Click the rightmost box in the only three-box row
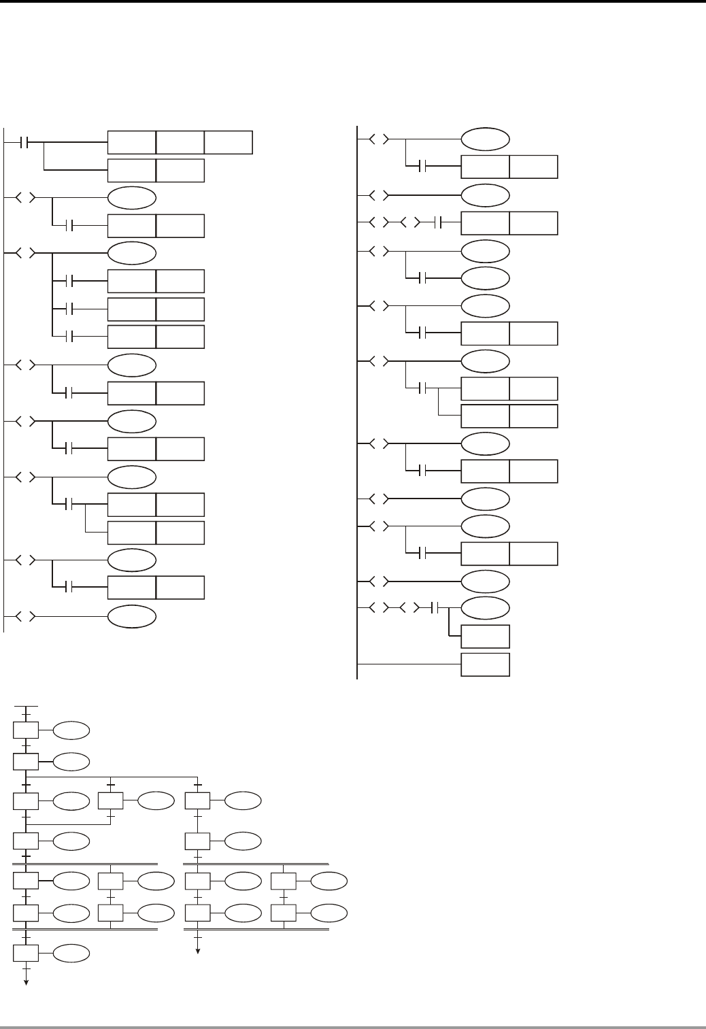point(229,142)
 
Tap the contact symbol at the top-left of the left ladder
point(25,143)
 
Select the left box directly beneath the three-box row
point(131,170)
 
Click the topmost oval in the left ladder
point(131,198)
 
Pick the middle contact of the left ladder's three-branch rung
point(67,309)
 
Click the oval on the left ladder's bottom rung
point(131,617)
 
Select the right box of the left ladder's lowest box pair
point(180,587)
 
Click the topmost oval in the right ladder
point(485,139)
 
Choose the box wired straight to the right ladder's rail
point(485,664)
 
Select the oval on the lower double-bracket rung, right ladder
point(485,607)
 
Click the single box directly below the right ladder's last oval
point(485,636)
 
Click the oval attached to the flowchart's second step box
point(71,761)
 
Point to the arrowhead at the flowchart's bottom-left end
point(26,982)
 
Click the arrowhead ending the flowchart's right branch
point(198,952)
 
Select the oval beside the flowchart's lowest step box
point(71,954)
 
